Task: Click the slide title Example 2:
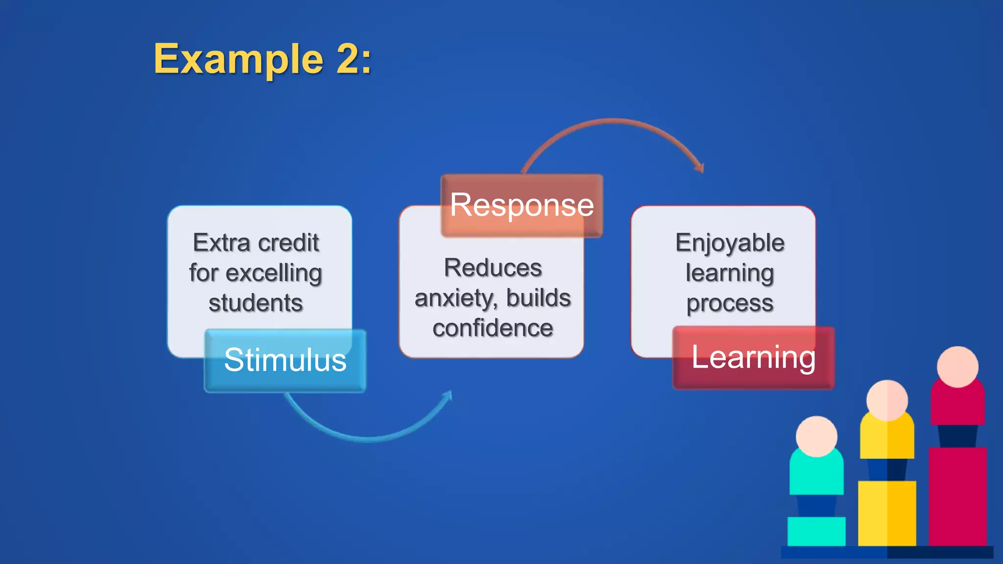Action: click(x=263, y=59)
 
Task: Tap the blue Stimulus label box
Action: click(x=285, y=361)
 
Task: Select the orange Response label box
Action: click(x=522, y=205)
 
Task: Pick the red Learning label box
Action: click(x=753, y=358)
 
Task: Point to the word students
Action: click(x=256, y=303)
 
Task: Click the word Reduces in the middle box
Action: click(x=493, y=268)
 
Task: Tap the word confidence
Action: click(x=493, y=328)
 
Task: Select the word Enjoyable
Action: click(x=730, y=243)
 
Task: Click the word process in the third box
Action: click(x=730, y=304)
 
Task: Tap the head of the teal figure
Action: click(x=816, y=436)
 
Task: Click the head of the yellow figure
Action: click(x=887, y=400)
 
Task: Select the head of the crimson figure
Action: click(x=957, y=367)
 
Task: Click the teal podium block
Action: click(x=816, y=531)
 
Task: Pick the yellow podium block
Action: click(x=887, y=513)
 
